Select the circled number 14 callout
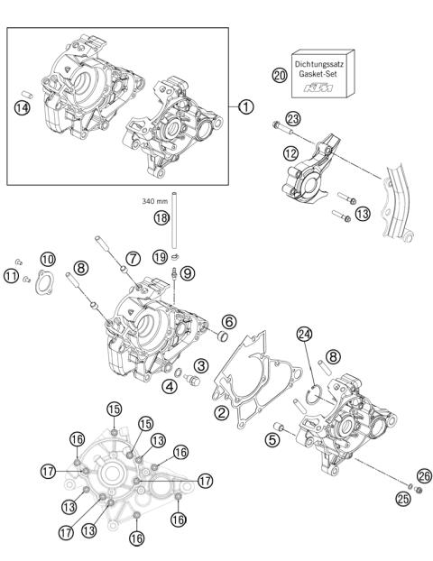21,107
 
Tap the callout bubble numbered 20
279,76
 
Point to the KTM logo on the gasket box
322,87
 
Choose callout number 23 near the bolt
292,119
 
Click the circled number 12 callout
290,154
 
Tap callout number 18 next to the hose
161,218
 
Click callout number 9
187,271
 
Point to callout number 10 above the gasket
48,260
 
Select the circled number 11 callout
11,275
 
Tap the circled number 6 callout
230,322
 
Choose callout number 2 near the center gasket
218,412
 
